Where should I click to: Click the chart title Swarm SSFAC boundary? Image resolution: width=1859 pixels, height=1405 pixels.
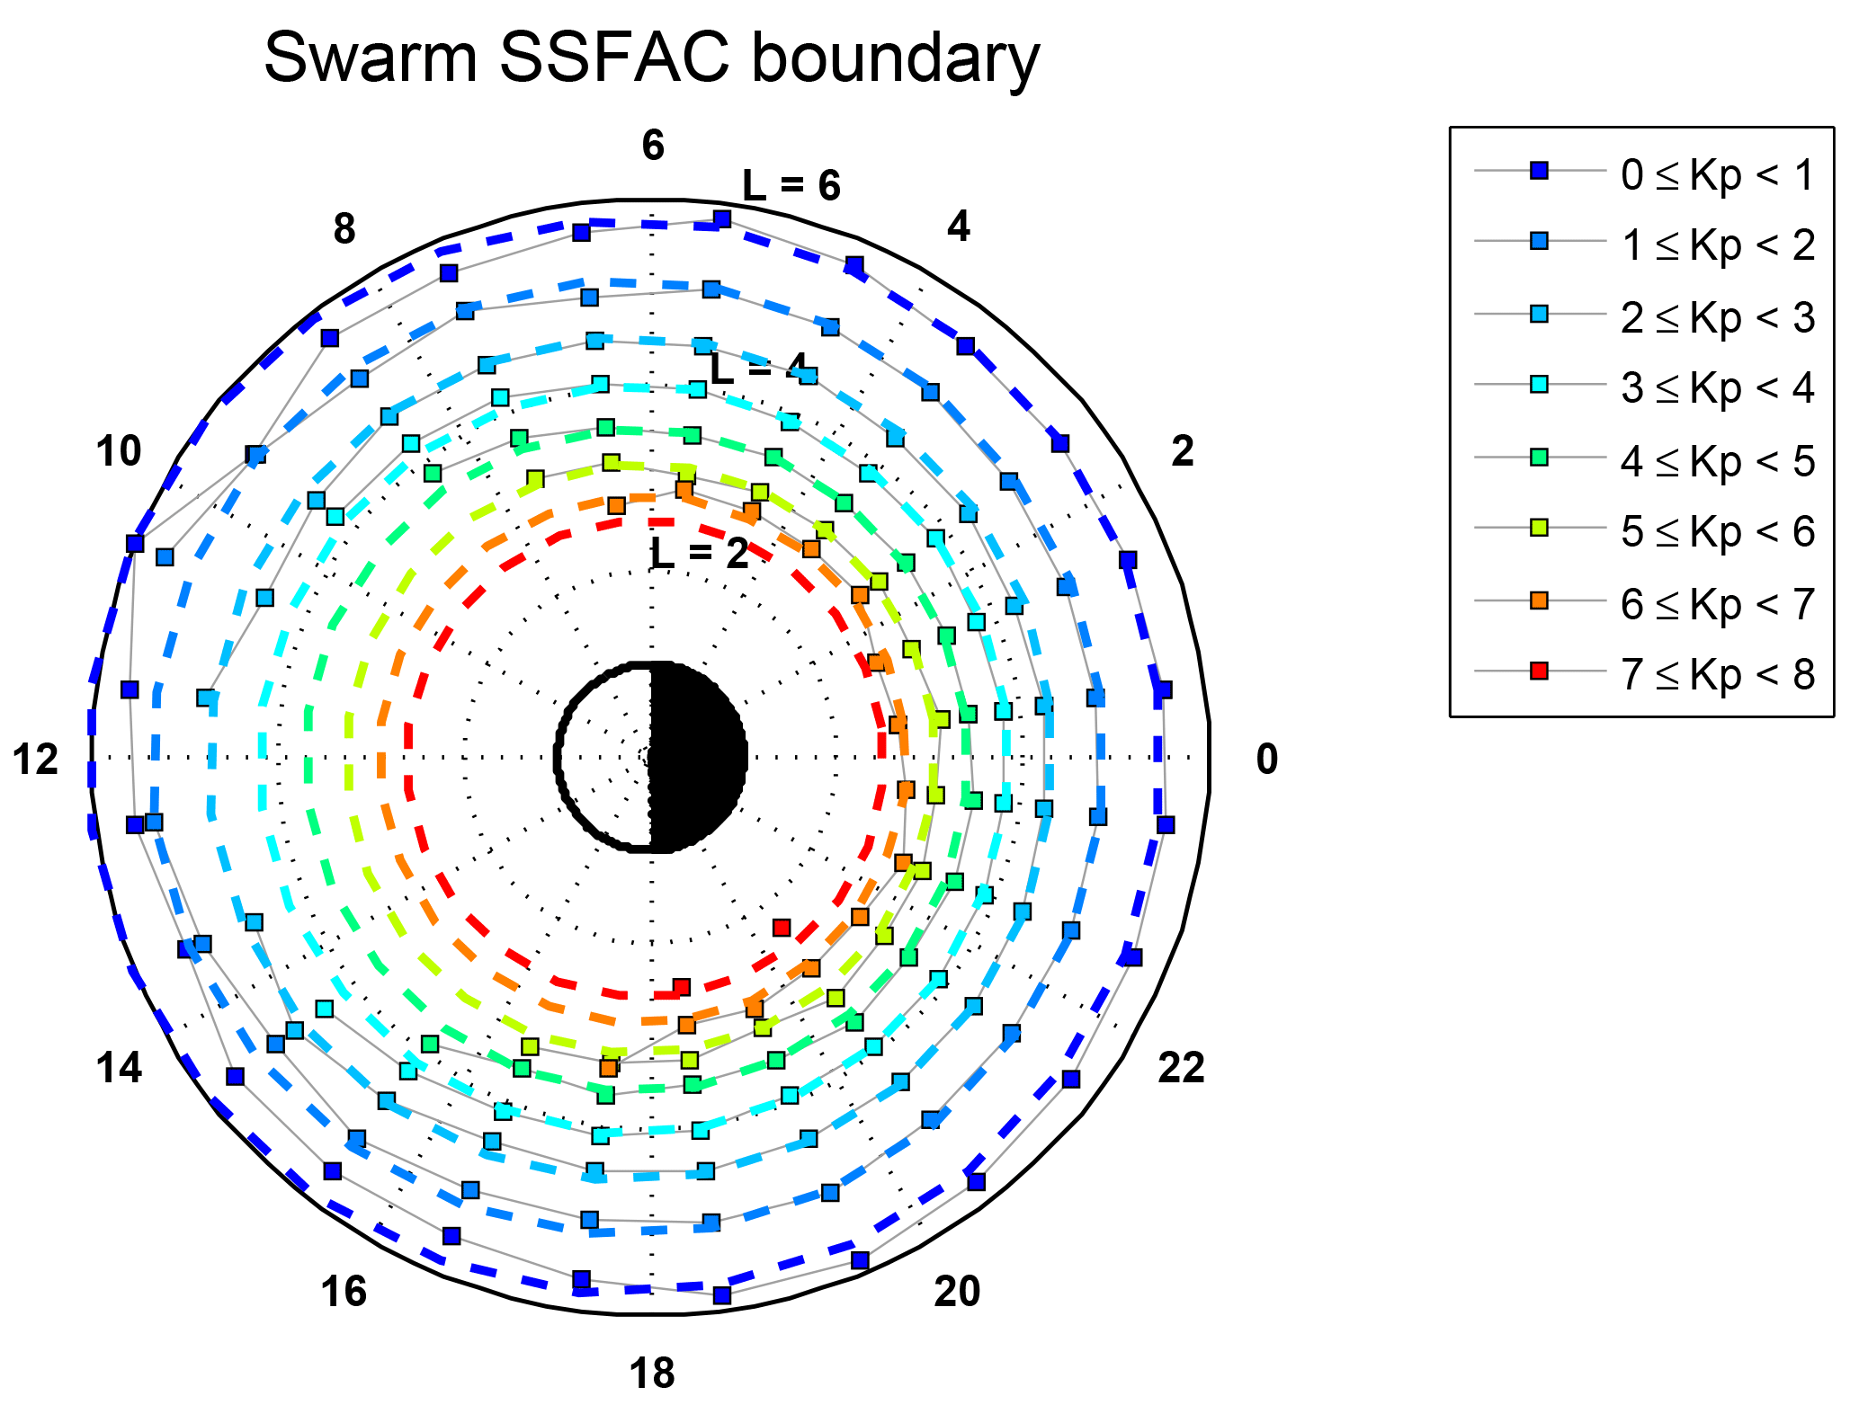coord(651,58)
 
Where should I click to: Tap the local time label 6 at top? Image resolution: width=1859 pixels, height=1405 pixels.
coord(653,146)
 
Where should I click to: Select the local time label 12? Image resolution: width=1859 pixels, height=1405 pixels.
coord(35,760)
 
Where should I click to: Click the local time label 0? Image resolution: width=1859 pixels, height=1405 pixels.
coord(1266,760)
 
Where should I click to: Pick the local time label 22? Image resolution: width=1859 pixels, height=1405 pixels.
coord(1180,1068)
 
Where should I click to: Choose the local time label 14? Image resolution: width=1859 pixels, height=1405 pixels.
coord(120,1068)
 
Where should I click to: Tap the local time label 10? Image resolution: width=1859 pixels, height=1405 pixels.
coord(119,451)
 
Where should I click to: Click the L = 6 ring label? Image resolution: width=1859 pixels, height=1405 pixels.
coord(791,185)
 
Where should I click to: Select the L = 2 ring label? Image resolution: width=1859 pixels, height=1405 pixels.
coord(700,555)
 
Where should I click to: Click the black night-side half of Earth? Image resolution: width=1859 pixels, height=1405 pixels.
coord(698,757)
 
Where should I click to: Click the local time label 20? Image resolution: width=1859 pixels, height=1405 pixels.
coord(957,1292)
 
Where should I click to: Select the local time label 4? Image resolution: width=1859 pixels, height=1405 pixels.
coord(959,227)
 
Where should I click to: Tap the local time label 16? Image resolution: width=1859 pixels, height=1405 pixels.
coord(344,1292)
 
